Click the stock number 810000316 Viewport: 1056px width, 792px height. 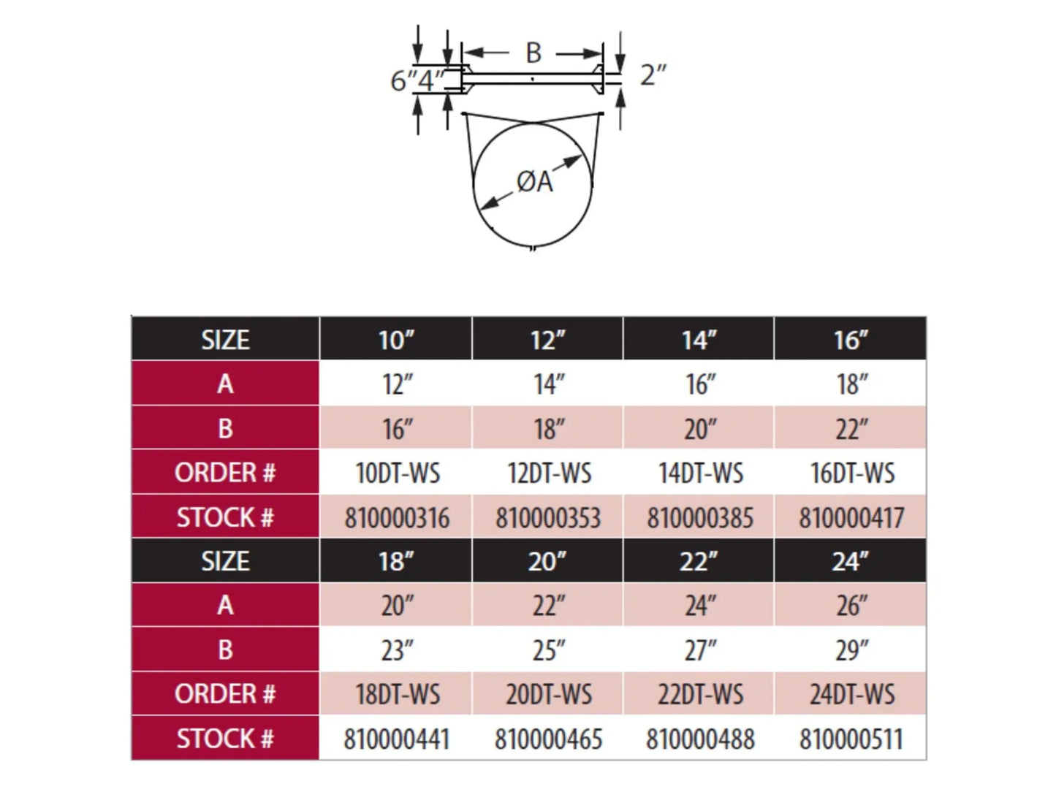(397, 518)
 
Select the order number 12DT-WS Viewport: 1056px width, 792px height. (549, 473)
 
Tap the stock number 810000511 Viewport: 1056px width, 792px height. (851, 739)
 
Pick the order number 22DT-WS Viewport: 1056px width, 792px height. (700, 694)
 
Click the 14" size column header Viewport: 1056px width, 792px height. (699, 340)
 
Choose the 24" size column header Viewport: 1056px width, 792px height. (851, 561)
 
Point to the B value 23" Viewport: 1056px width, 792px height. (398, 650)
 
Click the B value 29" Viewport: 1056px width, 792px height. (851, 650)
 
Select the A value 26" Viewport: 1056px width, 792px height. (851, 606)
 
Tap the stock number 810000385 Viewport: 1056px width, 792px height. (700, 518)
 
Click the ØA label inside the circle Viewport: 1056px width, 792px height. (534, 182)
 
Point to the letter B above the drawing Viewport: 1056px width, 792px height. (533, 53)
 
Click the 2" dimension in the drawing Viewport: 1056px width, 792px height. (653, 75)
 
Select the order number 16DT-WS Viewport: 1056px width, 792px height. (852, 473)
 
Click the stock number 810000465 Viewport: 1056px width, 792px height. (548, 739)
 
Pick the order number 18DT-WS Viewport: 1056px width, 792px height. (398, 694)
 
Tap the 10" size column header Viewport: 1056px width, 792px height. (396, 340)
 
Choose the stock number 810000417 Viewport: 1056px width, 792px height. (851, 518)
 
